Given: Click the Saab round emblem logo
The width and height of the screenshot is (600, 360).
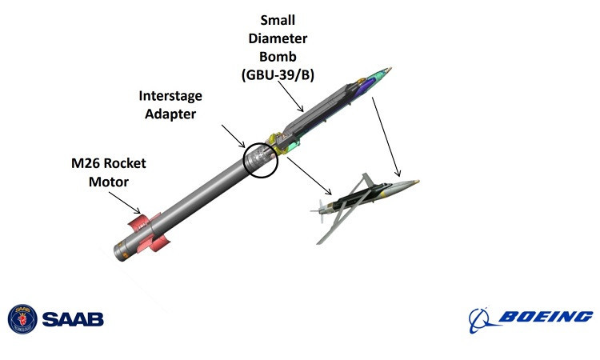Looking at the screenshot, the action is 22,319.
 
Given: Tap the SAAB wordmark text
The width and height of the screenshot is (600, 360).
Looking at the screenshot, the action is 73,319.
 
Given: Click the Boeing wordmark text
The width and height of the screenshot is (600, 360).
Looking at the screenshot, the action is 546,317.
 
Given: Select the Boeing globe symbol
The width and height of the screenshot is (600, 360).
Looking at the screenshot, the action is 481,320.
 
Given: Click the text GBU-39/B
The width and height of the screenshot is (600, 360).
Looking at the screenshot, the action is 278,74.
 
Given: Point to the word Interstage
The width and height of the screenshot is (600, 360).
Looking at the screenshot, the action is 170,96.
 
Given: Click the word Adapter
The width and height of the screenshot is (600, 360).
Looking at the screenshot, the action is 170,114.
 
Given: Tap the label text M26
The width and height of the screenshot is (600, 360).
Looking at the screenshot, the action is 85,163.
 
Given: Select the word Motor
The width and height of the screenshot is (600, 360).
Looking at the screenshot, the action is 109,182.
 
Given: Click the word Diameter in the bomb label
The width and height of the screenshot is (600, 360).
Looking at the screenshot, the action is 278,38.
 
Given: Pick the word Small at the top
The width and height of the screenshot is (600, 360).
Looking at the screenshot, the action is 278,20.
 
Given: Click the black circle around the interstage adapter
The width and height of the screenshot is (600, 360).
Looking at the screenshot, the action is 244,161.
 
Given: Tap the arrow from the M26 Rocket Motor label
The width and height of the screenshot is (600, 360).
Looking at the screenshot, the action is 125,202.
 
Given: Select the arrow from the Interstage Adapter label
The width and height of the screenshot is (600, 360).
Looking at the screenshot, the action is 233,136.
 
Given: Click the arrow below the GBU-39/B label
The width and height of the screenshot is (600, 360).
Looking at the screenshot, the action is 290,97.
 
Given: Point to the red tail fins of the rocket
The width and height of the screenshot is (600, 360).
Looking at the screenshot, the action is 148,234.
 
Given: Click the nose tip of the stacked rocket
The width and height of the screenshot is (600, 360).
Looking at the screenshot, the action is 390,69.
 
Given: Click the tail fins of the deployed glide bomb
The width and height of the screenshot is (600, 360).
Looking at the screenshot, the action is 320,210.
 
